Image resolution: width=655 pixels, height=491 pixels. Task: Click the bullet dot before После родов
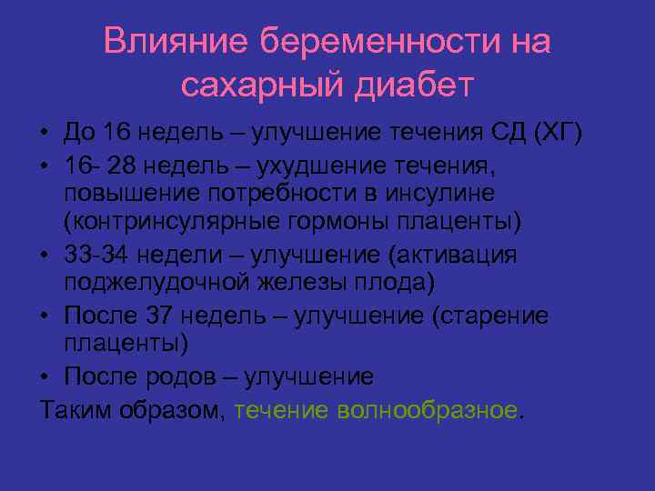click(45, 376)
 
